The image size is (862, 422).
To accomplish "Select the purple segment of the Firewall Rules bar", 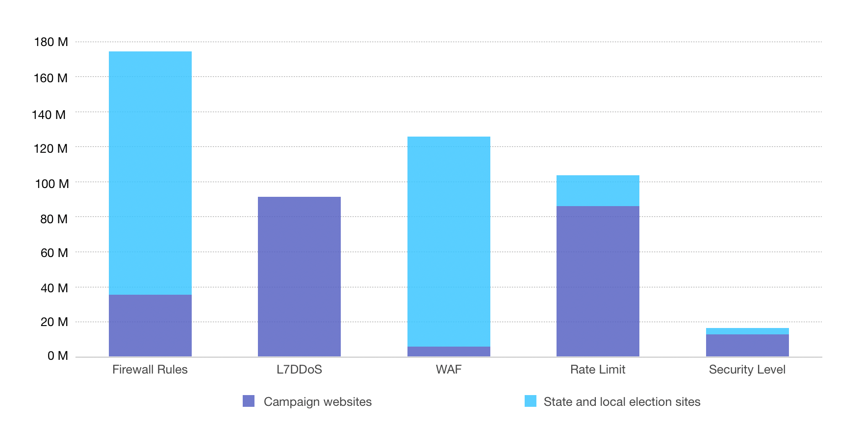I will (x=150, y=325).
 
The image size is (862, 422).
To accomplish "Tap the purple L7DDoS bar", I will (x=299, y=276).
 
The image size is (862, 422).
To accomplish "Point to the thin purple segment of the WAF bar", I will (x=449, y=351).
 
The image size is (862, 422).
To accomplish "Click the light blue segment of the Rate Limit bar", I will (x=598, y=190).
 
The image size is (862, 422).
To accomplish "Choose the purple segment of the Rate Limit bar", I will (x=598, y=281).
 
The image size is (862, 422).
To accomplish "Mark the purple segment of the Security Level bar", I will (x=747, y=345).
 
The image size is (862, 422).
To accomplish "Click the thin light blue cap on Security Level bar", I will (x=747, y=331).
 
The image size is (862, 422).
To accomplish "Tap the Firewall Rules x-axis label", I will (x=150, y=370).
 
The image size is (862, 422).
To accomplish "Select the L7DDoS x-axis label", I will (x=299, y=370).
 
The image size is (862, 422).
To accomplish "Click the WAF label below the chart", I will (x=449, y=370).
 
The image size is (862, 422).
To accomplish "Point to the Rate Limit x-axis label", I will (x=598, y=370).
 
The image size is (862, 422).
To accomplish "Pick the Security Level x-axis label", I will (x=747, y=370).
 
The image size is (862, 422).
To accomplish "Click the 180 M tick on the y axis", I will (x=51, y=42).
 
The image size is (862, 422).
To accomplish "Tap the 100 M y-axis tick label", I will (x=51, y=184).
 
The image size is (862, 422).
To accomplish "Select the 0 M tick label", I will (x=57, y=356).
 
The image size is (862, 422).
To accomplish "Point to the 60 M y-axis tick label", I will (x=54, y=253).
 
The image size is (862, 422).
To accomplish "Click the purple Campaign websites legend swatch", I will (x=249, y=401).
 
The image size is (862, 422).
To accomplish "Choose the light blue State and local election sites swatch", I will (x=531, y=401).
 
